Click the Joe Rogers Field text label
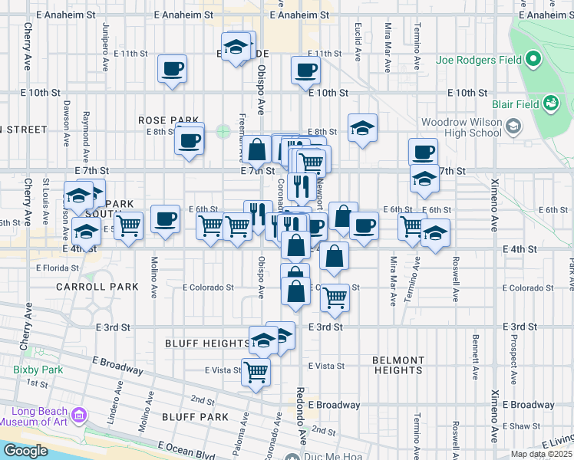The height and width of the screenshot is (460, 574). (x=478, y=60)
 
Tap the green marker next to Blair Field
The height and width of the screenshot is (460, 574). (x=549, y=103)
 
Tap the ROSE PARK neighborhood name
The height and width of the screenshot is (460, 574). (x=168, y=120)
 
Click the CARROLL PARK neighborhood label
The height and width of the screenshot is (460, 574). (x=97, y=287)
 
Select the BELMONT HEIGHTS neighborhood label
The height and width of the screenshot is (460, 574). (x=398, y=365)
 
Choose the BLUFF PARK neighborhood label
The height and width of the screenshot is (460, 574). (x=196, y=417)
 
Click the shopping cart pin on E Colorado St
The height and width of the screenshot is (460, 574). (x=335, y=295)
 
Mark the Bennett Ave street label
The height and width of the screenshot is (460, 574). (x=476, y=356)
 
